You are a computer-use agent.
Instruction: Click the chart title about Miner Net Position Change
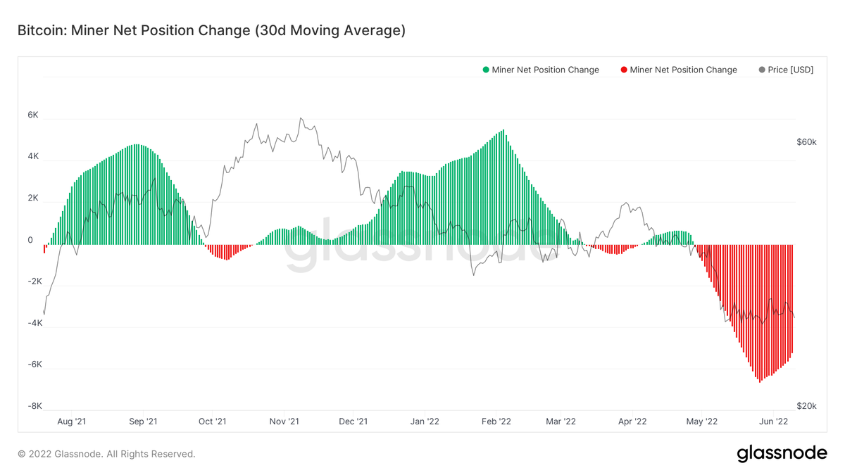pyautogui.click(x=211, y=30)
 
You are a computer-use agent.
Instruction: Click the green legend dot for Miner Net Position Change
pyautogui.click(x=486, y=70)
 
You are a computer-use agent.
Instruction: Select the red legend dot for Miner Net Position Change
pyautogui.click(x=624, y=70)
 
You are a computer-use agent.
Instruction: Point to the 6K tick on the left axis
pyautogui.click(x=34, y=115)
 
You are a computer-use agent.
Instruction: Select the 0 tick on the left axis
pyautogui.click(x=30, y=240)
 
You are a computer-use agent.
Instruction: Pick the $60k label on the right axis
pyautogui.click(x=806, y=141)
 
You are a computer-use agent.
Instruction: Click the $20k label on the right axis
pyautogui.click(x=806, y=406)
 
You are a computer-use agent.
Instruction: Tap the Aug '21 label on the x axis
pyautogui.click(x=71, y=422)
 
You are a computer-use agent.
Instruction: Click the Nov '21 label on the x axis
pyautogui.click(x=284, y=422)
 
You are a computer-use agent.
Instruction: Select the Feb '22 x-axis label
pyautogui.click(x=496, y=422)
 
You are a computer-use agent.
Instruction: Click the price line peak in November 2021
pyautogui.click(x=301, y=118)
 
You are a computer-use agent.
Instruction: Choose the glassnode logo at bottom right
pyautogui.click(x=782, y=454)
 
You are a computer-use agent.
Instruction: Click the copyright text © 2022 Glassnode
pyautogui.click(x=106, y=454)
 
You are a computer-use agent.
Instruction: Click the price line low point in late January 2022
pyautogui.click(x=473, y=274)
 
